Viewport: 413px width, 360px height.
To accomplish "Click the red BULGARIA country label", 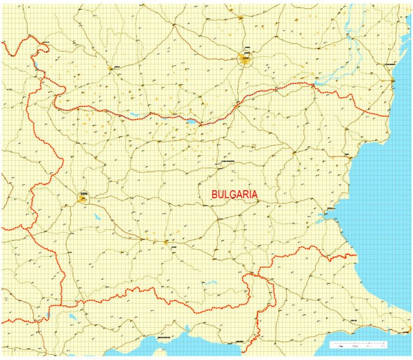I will pos(235,194).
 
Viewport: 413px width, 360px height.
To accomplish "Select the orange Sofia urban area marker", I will pos(83,199).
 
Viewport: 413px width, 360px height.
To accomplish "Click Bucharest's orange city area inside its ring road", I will pos(246,58).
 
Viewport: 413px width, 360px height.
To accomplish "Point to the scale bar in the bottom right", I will pos(359,344).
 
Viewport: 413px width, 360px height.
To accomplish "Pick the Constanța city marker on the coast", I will pos(392,80).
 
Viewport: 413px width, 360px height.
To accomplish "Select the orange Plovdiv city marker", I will pos(166,242).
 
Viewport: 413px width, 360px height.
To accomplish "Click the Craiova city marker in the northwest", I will pos(110,68).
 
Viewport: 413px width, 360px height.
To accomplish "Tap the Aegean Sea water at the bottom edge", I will pos(180,348).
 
